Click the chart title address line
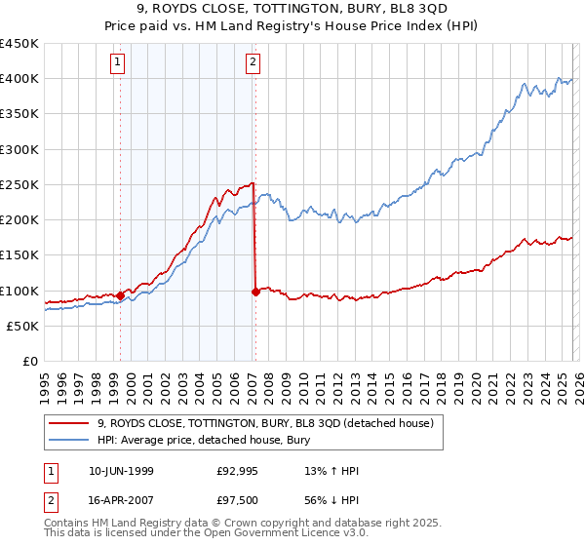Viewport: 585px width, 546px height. point(292,8)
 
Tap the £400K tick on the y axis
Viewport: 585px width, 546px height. point(19,79)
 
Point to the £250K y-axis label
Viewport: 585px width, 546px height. point(19,185)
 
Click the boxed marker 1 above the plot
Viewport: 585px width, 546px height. point(118,63)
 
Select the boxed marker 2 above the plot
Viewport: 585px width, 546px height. point(253,63)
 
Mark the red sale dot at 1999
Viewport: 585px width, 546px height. point(120,295)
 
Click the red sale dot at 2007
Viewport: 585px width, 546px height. point(255,292)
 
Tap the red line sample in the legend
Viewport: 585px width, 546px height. point(68,423)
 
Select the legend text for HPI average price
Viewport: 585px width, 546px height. point(204,440)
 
